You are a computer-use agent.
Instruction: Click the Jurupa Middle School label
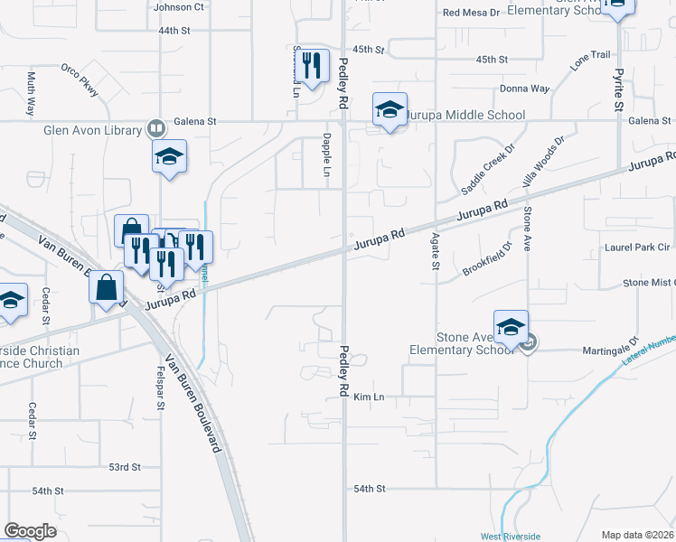point(464,115)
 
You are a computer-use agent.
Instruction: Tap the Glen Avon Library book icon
point(156,130)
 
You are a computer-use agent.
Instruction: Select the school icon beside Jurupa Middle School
point(390,110)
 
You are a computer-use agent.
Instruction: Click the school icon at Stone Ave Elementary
point(511,326)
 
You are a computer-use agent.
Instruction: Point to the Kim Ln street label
point(369,397)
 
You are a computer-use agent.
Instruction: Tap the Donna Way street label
point(525,89)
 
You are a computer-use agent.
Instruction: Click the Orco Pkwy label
point(80,79)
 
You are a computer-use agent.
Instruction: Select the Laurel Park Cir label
point(636,247)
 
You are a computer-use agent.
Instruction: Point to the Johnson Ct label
point(179,7)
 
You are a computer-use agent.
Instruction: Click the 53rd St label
point(125,467)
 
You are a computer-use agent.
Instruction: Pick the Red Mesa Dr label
point(471,13)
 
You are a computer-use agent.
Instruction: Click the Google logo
point(30,531)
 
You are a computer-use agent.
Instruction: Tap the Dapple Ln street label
point(326,150)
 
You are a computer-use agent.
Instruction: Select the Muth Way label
point(32,92)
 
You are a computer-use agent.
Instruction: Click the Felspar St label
point(160,388)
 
